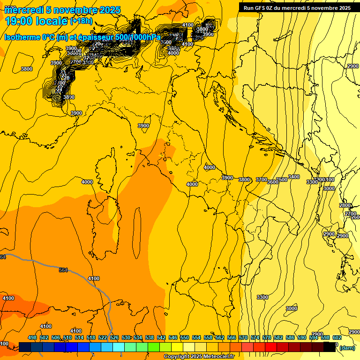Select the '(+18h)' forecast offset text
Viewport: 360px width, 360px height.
[81, 21]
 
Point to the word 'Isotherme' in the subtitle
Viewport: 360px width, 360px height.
[22, 37]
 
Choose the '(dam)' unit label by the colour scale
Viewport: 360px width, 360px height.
[347, 348]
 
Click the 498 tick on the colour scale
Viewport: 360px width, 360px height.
[32, 337]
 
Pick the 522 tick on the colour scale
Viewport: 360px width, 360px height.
[103, 337]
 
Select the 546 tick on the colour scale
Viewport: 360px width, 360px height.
[173, 337]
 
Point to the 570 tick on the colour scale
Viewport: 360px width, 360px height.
[243, 337]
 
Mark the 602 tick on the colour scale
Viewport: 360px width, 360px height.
[337, 337]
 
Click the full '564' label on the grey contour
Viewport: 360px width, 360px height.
[63, 270]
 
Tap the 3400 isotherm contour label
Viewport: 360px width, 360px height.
[293, 177]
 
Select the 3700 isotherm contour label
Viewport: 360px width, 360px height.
[262, 180]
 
